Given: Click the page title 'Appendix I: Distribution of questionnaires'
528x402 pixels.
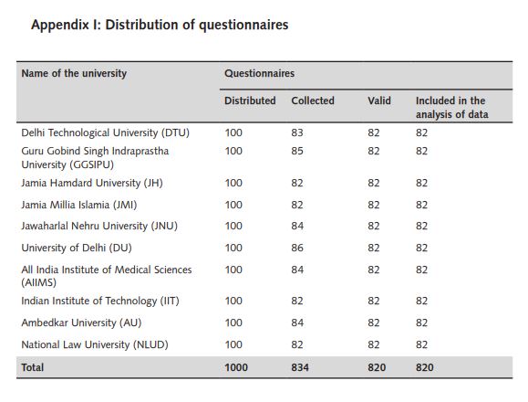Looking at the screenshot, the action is coord(160,26).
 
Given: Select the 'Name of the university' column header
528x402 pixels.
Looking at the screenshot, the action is coord(74,73).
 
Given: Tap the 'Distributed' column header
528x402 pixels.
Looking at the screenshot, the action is coord(250,100).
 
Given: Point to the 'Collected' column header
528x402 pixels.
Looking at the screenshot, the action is coord(313,100).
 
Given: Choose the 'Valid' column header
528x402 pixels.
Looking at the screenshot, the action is coord(379,100).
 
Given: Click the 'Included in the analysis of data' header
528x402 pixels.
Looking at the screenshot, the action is coord(452,108).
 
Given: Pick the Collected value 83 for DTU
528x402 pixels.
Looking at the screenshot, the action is coord(297,132).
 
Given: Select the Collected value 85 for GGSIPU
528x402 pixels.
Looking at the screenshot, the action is coord(297,151).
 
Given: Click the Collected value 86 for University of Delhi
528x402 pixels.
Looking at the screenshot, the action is coord(297,248).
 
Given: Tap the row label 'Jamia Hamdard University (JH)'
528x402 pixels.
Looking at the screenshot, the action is coord(92,183).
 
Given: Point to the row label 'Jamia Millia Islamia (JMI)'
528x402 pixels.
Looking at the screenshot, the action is coord(79,205).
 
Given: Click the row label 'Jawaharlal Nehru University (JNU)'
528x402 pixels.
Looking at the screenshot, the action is coord(99,226).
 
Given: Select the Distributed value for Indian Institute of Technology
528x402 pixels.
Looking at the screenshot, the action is coord(233,301).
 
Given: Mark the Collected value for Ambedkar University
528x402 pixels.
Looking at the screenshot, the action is coord(297,323).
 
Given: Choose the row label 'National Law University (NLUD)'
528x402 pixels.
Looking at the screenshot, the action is coord(95,344).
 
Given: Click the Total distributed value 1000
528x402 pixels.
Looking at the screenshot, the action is coord(236,367).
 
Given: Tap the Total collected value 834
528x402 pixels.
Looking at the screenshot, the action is coord(300,367).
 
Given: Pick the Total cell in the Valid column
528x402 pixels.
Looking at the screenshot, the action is coord(377,367).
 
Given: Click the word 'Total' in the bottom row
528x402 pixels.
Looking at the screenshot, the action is coord(32,367).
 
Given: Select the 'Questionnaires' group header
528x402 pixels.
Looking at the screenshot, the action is coord(259,73).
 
